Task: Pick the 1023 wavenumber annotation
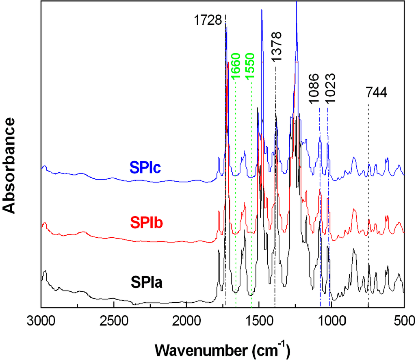click(331, 89)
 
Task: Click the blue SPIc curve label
click(145, 167)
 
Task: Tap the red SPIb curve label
click(146, 223)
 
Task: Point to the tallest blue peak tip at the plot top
click(297, 2)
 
